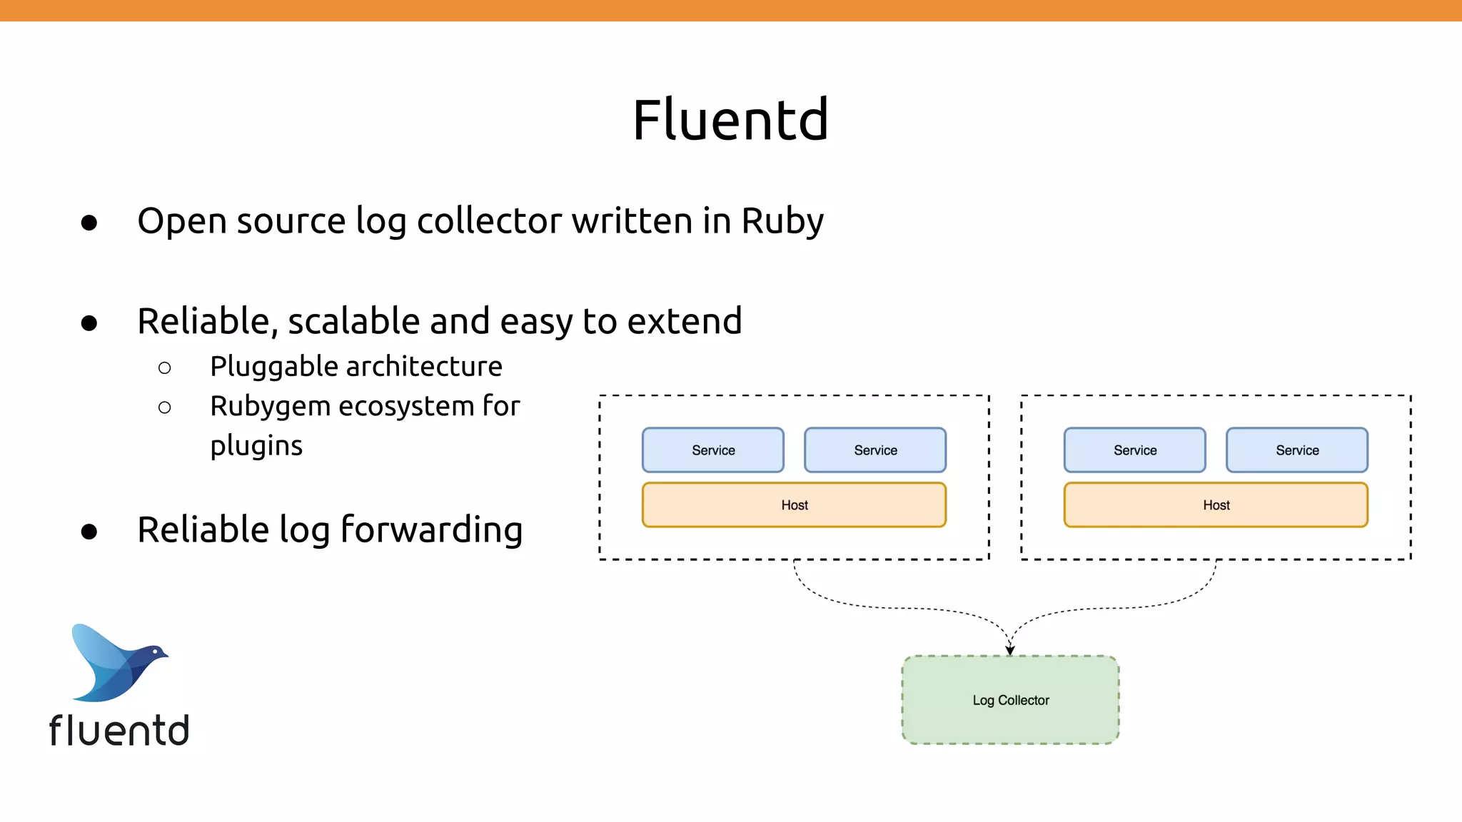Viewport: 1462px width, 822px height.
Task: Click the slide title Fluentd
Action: tap(730, 120)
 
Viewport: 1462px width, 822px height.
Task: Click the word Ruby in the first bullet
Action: tap(782, 221)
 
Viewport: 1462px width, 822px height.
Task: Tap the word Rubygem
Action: tap(270, 407)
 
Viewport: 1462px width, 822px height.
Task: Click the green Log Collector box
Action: tap(1010, 700)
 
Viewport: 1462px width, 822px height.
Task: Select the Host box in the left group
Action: tap(794, 505)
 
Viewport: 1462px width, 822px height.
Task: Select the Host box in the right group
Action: tap(1216, 505)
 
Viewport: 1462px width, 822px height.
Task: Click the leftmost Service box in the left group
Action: tap(712, 450)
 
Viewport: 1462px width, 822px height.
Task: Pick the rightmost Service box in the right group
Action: tap(1296, 450)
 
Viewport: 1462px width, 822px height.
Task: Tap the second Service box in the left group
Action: tap(874, 450)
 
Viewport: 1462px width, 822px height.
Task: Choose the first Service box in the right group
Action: tap(1134, 450)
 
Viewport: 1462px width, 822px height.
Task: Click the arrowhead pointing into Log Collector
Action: tap(1010, 649)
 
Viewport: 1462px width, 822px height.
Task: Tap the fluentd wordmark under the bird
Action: tap(119, 731)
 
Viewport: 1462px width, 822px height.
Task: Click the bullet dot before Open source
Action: tap(89, 223)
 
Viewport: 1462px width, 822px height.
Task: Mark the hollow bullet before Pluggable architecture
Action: tap(165, 368)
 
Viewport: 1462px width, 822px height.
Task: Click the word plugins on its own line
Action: tap(256, 447)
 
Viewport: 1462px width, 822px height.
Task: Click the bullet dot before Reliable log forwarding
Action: tap(89, 532)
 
